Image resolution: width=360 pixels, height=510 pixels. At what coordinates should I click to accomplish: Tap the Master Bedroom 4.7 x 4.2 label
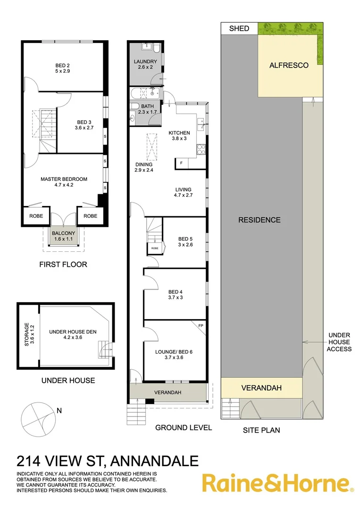(64, 182)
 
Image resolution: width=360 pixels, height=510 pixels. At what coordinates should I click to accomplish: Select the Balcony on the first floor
(63, 236)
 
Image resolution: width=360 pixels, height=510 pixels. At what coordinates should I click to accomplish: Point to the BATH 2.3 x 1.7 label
(147, 109)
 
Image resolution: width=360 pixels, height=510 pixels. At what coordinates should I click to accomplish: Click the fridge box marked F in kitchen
(181, 163)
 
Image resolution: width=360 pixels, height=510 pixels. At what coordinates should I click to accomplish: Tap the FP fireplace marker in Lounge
(200, 326)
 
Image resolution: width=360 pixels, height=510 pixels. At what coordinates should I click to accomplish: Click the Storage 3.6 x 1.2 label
(29, 334)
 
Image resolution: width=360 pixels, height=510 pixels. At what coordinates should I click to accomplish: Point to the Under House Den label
(72, 335)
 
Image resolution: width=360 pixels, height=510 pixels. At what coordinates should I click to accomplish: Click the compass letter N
(59, 410)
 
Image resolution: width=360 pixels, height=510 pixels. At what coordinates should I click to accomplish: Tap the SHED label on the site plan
(239, 29)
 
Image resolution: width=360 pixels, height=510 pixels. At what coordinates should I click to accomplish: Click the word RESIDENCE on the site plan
(259, 220)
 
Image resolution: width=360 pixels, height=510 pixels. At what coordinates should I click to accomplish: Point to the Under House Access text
(339, 342)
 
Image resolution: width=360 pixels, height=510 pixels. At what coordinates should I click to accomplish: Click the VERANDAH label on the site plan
(261, 388)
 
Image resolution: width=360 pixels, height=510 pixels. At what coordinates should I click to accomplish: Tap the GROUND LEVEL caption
(184, 428)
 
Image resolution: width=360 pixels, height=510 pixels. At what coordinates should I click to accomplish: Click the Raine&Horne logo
(277, 484)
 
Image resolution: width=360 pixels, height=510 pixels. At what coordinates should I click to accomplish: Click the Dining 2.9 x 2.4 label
(143, 167)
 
